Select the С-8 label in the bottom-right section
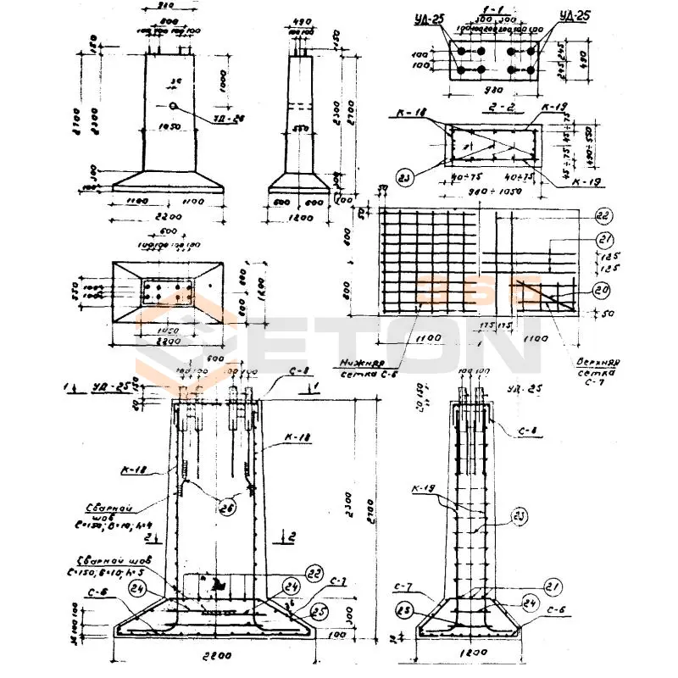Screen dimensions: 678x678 [x=523, y=431]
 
